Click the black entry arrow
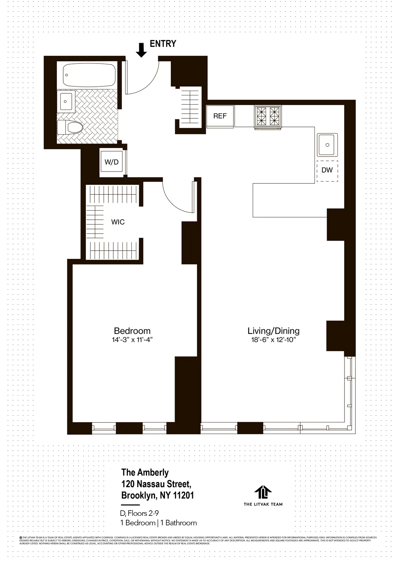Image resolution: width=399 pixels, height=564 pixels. [141, 50]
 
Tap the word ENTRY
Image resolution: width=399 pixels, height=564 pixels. [163, 44]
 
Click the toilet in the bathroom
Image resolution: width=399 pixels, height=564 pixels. [70, 127]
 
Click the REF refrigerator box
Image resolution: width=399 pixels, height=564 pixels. [220, 116]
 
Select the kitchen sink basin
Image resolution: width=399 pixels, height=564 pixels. [327, 145]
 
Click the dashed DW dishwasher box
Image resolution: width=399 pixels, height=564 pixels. [327, 170]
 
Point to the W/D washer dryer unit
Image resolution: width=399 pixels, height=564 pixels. [111, 162]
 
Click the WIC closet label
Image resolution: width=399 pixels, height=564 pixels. [118, 222]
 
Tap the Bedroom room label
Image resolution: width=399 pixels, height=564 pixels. [132, 331]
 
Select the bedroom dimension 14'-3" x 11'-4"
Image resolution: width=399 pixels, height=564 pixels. [132, 340]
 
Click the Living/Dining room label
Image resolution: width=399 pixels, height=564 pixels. [273, 331]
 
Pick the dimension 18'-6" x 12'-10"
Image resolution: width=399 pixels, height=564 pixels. [273, 340]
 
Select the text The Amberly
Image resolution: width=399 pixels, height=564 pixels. [145, 472]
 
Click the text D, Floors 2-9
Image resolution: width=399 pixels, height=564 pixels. [140, 513]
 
